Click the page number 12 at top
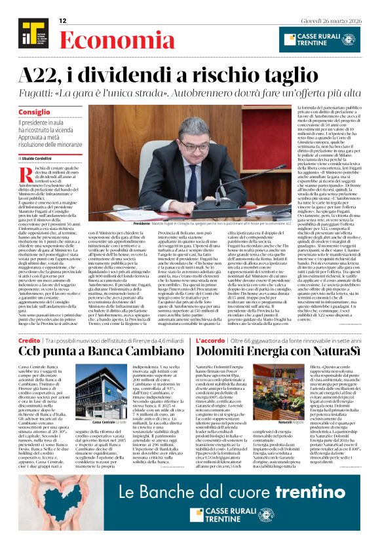coord(64,21)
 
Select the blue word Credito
coord(29,341)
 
